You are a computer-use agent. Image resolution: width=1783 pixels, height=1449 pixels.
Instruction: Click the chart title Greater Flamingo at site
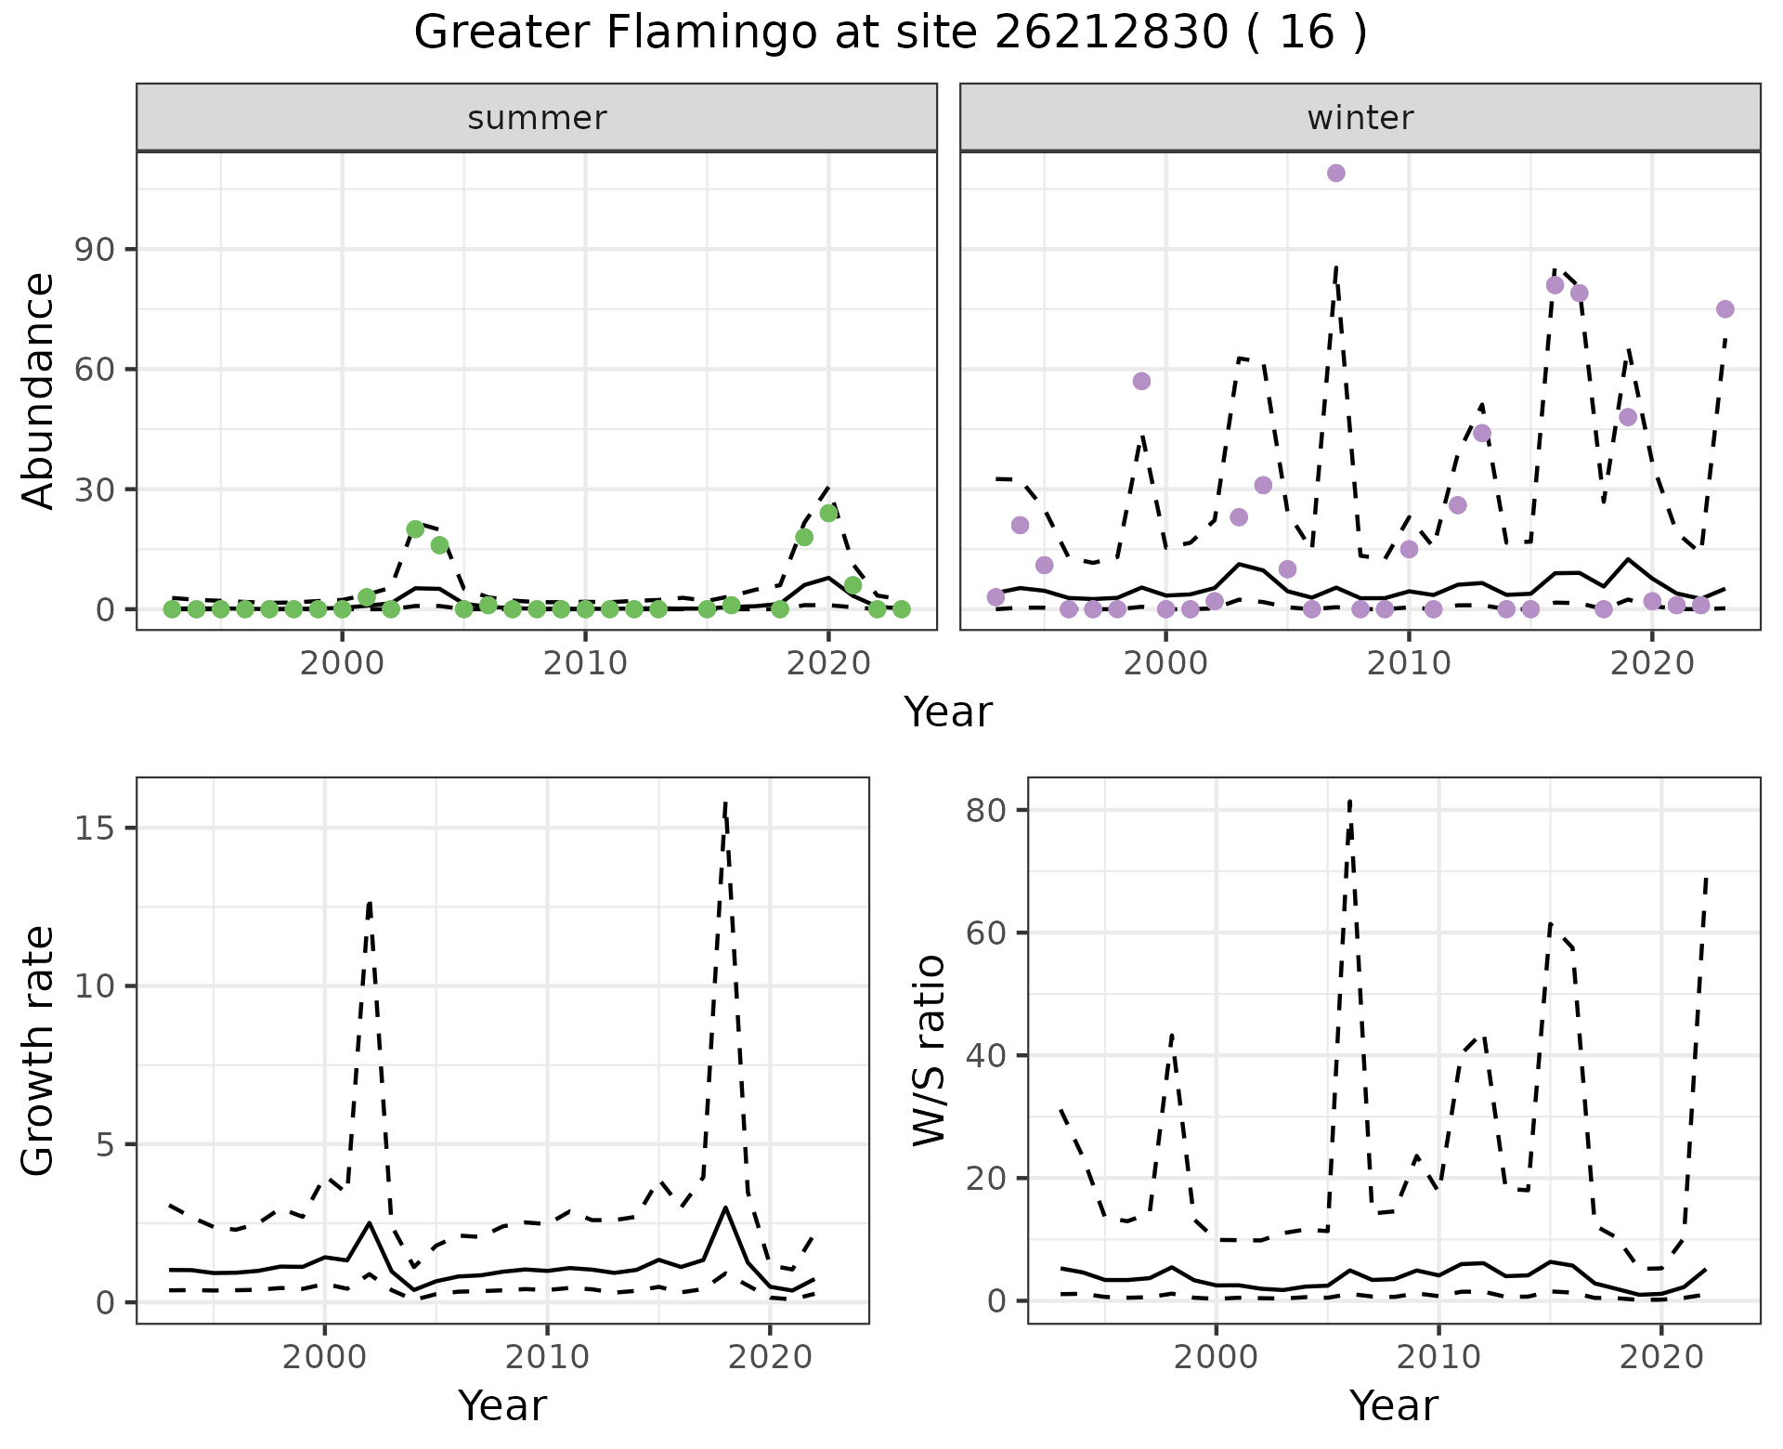(890, 33)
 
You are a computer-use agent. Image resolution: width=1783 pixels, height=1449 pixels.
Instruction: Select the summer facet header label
(537, 118)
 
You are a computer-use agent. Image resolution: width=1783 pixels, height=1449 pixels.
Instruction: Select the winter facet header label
(1360, 118)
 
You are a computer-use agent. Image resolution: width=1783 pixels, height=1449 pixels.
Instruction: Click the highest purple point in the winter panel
(1336, 173)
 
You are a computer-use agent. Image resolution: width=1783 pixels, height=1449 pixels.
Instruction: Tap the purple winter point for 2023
(1725, 309)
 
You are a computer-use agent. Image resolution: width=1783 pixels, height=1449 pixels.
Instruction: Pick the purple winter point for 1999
(1142, 381)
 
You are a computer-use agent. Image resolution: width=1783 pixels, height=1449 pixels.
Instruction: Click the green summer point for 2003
(415, 529)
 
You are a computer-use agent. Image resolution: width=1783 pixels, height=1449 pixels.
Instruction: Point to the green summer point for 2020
(829, 513)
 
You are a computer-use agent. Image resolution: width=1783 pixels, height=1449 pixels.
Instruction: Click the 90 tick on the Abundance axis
(96, 250)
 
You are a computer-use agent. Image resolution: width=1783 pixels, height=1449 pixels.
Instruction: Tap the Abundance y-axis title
(39, 391)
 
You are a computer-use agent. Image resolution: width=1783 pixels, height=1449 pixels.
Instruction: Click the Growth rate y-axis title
(39, 1051)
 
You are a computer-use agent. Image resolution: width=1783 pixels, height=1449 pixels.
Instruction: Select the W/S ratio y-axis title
(930, 1051)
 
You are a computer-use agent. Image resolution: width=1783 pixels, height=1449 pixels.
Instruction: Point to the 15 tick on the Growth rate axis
(96, 829)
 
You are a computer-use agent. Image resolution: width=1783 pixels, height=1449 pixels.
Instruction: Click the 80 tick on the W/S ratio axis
(986, 810)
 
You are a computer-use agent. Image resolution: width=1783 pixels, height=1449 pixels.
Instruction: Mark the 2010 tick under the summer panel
(585, 664)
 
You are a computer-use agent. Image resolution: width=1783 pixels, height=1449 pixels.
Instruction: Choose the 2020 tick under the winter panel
(1652, 664)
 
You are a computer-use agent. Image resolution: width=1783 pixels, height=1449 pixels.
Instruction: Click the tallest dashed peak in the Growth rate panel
(724, 803)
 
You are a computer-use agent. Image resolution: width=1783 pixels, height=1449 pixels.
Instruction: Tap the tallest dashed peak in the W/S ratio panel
(1349, 801)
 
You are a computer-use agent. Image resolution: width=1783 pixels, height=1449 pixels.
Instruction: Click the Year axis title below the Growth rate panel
(502, 1405)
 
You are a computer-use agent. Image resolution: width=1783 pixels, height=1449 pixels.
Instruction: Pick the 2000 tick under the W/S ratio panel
(1216, 1357)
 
